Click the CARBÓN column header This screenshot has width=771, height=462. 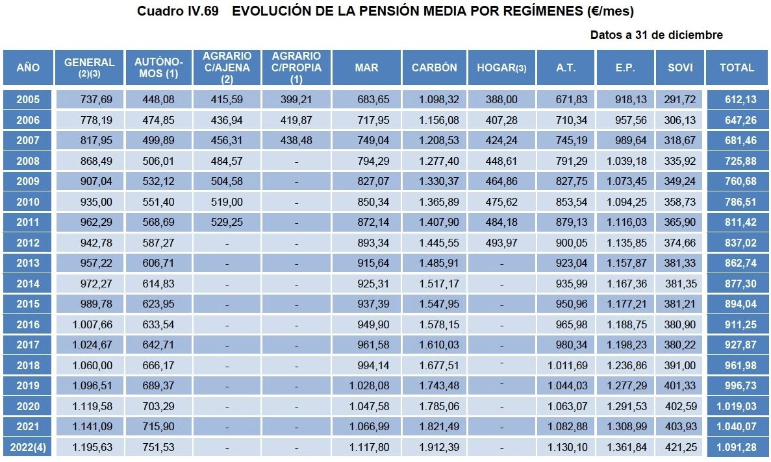[x=433, y=67]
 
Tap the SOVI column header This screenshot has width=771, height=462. [x=679, y=67]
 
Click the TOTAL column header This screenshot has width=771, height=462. [x=737, y=67]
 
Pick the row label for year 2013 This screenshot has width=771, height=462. [x=28, y=263]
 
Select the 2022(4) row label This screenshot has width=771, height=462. [x=28, y=447]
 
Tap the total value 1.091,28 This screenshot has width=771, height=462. [x=737, y=447]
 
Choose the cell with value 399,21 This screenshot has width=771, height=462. [x=296, y=99]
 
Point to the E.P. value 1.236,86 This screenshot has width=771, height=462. [x=627, y=365]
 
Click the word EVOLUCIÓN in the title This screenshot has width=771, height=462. [x=279, y=12]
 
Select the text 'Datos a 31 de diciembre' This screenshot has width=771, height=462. [x=656, y=35]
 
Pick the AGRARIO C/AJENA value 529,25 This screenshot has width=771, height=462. [x=227, y=222]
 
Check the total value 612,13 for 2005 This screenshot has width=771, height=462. [x=737, y=99]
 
